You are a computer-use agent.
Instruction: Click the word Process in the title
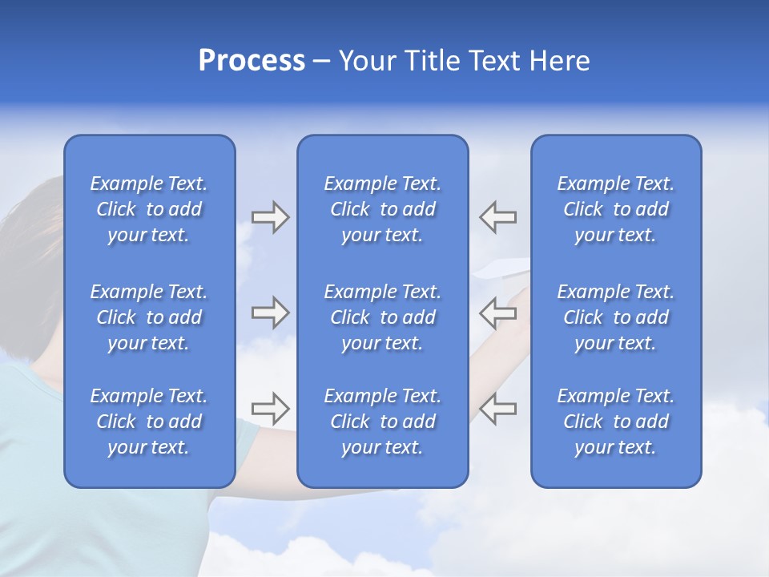252,61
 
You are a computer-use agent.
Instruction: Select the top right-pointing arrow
270,217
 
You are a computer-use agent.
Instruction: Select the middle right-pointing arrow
270,313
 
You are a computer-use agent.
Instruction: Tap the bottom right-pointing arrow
270,408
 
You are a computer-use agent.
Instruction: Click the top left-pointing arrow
498,217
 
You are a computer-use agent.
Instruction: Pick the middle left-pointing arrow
498,313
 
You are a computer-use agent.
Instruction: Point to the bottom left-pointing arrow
498,408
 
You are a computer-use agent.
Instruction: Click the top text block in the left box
149,209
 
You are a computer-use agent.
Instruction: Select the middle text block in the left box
149,317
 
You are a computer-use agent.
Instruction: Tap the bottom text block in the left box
149,422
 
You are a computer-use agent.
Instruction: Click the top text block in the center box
382,209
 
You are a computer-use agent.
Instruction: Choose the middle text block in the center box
382,317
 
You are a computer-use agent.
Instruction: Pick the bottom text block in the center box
382,422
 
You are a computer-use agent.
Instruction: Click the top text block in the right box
615,209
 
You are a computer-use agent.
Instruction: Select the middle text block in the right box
615,317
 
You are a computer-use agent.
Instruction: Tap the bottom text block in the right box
615,422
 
